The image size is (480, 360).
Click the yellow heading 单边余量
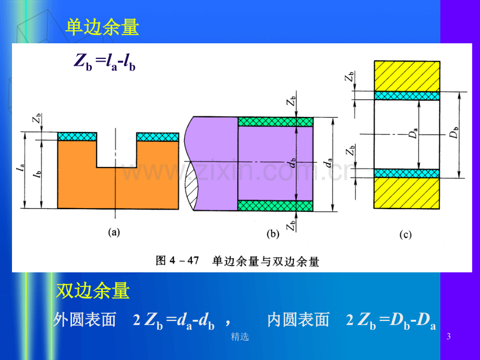102,27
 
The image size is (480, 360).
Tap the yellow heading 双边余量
93,290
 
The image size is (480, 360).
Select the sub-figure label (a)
114,233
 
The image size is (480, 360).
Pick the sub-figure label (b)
273,234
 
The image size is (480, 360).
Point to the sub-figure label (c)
405,234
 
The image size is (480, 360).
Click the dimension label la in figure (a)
21,168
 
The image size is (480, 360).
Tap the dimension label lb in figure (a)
38,174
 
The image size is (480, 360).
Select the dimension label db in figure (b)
292,163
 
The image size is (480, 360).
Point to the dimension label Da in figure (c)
414,134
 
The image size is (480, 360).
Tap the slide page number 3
449,337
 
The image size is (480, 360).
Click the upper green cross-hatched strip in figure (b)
275,122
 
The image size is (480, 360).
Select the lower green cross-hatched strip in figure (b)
275,206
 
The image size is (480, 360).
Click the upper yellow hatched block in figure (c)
407,76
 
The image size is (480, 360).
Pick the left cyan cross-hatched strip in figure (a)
77,137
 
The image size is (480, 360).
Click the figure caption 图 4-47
177,261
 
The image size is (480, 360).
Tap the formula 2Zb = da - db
174,321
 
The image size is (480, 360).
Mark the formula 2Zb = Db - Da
391,321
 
